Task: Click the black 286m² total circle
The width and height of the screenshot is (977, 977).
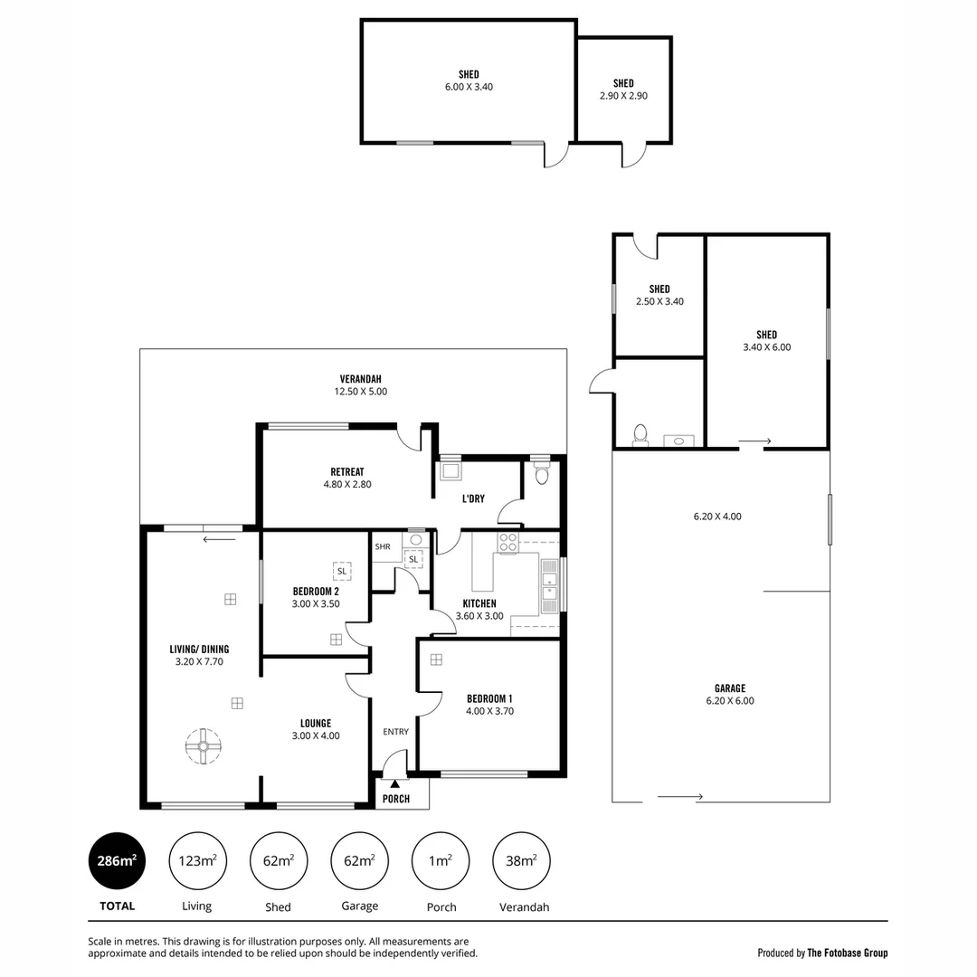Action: point(117,860)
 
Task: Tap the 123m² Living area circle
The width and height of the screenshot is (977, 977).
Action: point(197,860)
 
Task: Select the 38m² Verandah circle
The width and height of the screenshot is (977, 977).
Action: point(521,860)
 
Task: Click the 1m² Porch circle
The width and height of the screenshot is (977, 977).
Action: point(441,860)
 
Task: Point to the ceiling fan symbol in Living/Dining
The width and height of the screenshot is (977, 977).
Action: point(204,746)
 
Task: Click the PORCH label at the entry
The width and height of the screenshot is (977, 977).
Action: point(396,799)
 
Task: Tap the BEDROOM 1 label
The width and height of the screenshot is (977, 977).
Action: point(489,698)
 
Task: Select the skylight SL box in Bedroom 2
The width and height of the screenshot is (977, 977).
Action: point(342,571)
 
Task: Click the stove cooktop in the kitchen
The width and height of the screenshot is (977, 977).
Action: point(508,543)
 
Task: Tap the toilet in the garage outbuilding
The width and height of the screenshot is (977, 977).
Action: point(640,435)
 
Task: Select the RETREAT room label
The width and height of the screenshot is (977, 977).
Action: point(347,471)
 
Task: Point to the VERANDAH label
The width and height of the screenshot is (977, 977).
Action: point(353,378)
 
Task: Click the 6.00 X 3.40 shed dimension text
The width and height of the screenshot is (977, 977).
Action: point(469,87)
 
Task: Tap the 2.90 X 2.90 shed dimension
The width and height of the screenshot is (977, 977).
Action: point(623,96)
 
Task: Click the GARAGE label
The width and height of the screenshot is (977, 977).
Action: point(729,688)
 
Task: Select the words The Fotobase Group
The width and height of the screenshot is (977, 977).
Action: point(848,953)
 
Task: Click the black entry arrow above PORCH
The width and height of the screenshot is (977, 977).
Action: point(394,783)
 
